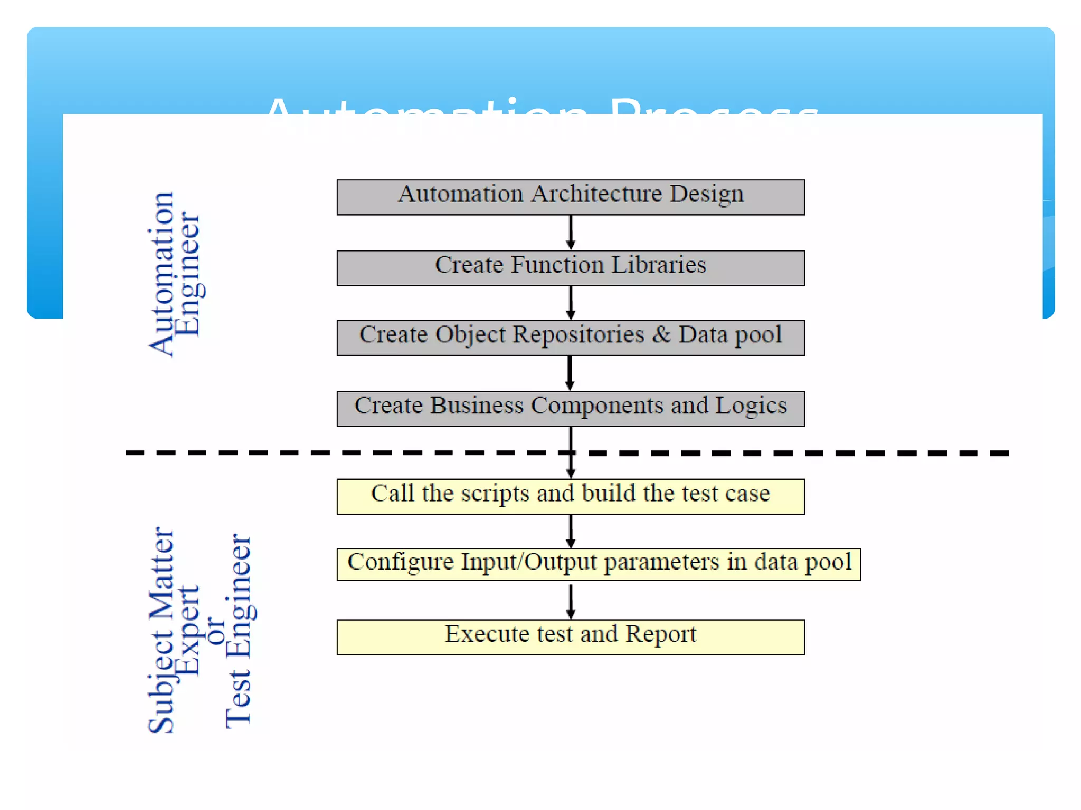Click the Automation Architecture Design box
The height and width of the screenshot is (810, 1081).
coord(571,197)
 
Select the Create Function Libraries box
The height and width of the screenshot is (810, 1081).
coord(571,268)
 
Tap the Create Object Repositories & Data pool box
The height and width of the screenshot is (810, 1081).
coord(571,337)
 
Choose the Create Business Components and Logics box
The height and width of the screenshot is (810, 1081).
coord(571,408)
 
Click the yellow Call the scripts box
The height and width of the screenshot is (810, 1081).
coord(571,496)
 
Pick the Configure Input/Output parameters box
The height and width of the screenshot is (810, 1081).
coord(599,564)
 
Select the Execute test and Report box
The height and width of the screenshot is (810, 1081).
coord(571,637)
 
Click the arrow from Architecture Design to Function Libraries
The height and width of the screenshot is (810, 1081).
coord(571,232)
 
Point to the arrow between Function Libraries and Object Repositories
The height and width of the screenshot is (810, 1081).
coord(571,303)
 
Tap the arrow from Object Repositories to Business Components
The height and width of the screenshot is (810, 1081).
coord(570,373)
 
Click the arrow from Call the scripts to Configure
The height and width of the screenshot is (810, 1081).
coord(571,531)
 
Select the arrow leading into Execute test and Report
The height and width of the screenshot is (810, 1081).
coord(571,601)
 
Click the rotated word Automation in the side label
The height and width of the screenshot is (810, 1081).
coord(161,274)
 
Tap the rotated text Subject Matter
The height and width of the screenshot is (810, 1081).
coord(161,630)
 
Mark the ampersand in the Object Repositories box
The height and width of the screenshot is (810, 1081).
coord(661,334)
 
